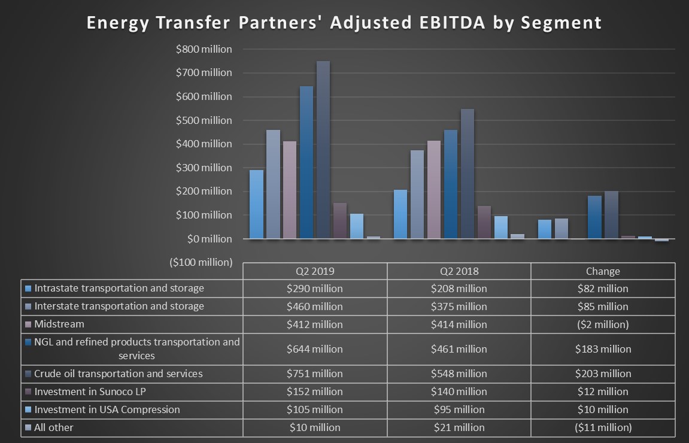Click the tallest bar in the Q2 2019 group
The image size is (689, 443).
(323, 150)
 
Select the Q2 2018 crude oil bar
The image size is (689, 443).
(467, 174)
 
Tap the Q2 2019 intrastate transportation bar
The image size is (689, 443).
(256, 204)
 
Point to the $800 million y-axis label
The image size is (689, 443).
(204, 49)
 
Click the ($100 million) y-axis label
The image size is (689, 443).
(201, 262)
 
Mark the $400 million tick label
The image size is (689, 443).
(204, 144)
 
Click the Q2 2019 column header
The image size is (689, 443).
(315, 271)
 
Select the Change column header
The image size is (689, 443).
(603, 271)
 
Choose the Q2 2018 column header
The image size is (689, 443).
(459, 271)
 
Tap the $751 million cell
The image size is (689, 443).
(315, 374)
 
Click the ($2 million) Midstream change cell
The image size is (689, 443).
(603, 324)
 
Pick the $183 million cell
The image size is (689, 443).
(603, 349)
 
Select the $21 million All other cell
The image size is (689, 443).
(459, 427)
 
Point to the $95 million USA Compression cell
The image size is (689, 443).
(459, 409)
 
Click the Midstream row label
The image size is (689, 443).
(59, 324)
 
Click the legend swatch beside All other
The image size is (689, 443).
(28, 427)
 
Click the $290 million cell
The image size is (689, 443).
(315, 289)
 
